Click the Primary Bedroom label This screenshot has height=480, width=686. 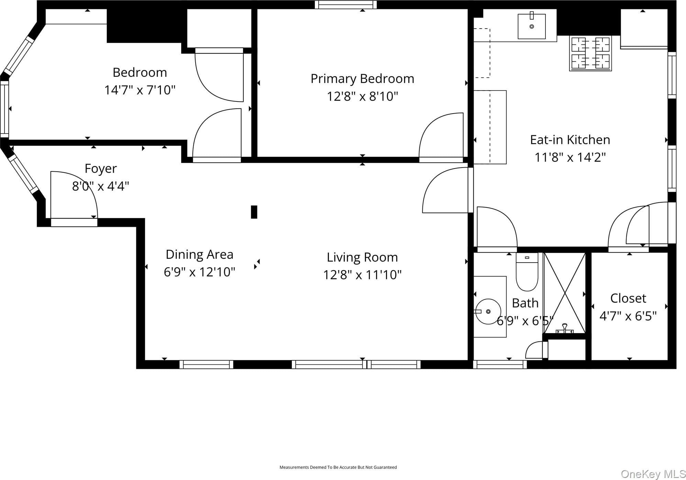362,79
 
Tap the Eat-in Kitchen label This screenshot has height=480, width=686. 570,140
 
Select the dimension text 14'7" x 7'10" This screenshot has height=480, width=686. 140,90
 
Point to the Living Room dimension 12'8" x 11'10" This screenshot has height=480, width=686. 362,275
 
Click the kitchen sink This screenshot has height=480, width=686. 532,26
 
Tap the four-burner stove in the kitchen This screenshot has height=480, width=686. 590,53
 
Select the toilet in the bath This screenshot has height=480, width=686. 527,272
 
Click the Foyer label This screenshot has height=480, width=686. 101,169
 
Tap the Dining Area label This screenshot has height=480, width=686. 199,255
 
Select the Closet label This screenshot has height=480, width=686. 628,298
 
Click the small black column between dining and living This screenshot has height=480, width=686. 254,212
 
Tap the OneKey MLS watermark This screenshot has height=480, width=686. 653,474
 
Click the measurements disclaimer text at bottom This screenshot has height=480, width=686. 338,467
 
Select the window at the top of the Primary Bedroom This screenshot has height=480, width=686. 346,5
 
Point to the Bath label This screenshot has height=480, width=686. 525,303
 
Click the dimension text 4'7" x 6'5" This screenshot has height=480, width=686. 628,316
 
